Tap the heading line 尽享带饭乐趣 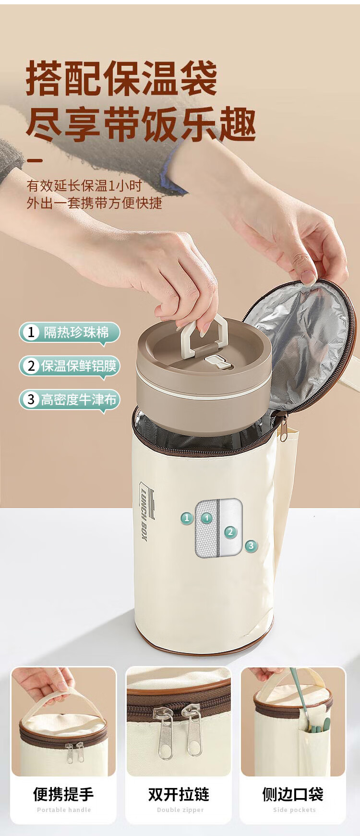pyautogui.click(x=141, y=124)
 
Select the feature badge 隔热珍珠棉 pyautogui.click(x=69, y=332)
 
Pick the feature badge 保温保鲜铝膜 pyautogui.click(x=69, y=366)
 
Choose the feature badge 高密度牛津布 pyautogui.click(x=69, y=400)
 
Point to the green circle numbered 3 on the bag pyautogui.click(x=251, y=545)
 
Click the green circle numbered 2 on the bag pyautogui.click(x=230, y=532)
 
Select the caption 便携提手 pyautogui.click(x=63, y=794)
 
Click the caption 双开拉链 pyautogui.click(x=179, y=794)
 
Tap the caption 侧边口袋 pyautogui.click(x=293, y=794)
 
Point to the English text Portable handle pyautogui.click(x=64, y=810)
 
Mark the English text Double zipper pyautogui.click(x=180, y=810)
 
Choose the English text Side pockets pyautogui.click(x=294, y=810)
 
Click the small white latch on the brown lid pyautogui.click(x=216, y=362)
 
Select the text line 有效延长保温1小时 pyautogui.click(x=84, y=186)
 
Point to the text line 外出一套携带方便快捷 pyautogui.click(x=94, y=203)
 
